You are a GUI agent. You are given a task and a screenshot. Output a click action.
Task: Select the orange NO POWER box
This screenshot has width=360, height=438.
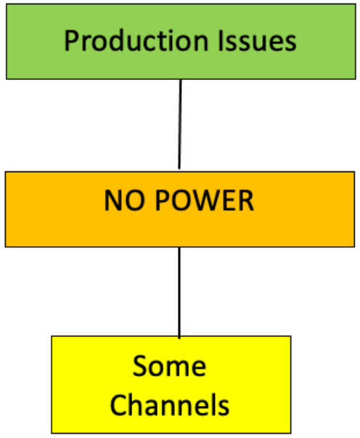[x=180, y=209]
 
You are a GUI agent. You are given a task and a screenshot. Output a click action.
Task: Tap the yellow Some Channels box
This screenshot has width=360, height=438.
[x=171, y=384]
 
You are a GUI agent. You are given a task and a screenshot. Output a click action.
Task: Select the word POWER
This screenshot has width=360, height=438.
[x=202, y=200]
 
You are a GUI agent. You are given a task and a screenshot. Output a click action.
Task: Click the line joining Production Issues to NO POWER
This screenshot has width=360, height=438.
[x=180, y=123]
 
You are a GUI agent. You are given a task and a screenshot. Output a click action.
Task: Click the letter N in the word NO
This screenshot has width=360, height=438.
[x=112, y=200]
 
